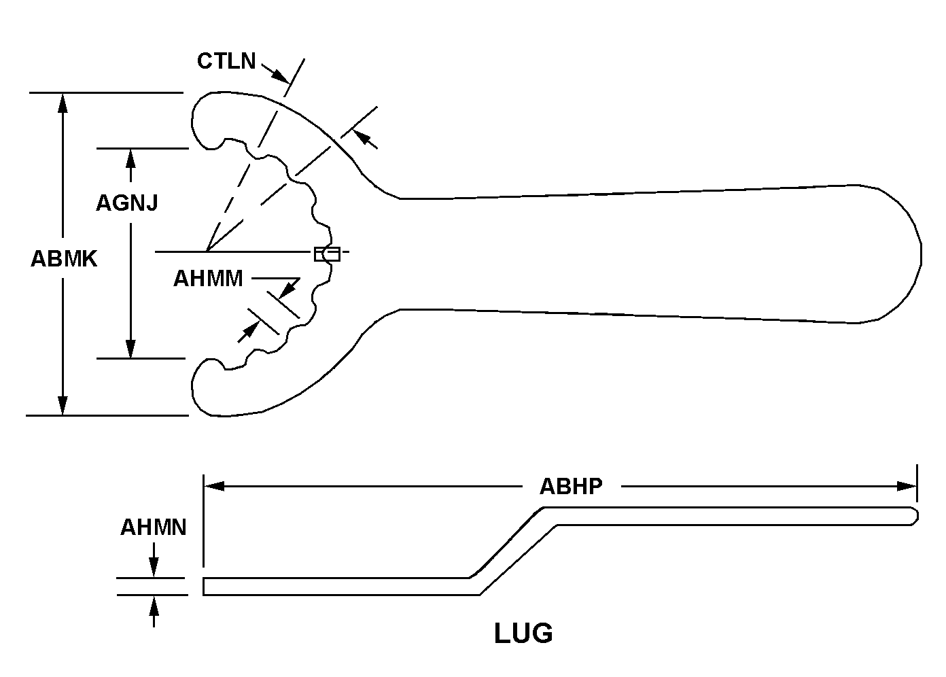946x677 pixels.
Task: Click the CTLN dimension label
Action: [x=226, y=61]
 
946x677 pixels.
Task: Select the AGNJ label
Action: [x=127, y=203]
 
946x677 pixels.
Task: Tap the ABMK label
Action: [x=64, y=258]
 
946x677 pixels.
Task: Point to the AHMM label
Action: [x=208, y=279]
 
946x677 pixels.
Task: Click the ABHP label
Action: [x=571, y=487]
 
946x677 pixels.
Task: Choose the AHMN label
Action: [x=154, y=527]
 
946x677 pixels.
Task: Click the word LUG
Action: [x=523, y=633]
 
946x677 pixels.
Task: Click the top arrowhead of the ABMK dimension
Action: [x=63, y=102]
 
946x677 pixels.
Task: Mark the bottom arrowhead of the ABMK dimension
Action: [x=63, y=405]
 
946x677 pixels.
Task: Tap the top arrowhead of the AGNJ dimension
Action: [x=130, y=158]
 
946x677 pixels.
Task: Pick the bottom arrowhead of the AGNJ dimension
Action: [x=130, y=348]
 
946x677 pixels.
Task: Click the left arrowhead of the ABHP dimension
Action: [x=215, y=486]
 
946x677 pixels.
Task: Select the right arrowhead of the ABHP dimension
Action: [x=907, y=486]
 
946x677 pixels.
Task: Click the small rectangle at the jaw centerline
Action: [x=327, y=254]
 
